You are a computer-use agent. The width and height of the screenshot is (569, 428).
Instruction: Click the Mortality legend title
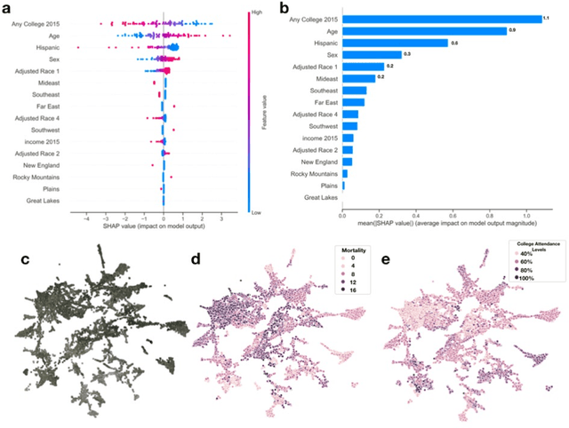(x=347, y=251)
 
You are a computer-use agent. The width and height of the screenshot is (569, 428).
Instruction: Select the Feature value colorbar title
(x=265, y=108)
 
